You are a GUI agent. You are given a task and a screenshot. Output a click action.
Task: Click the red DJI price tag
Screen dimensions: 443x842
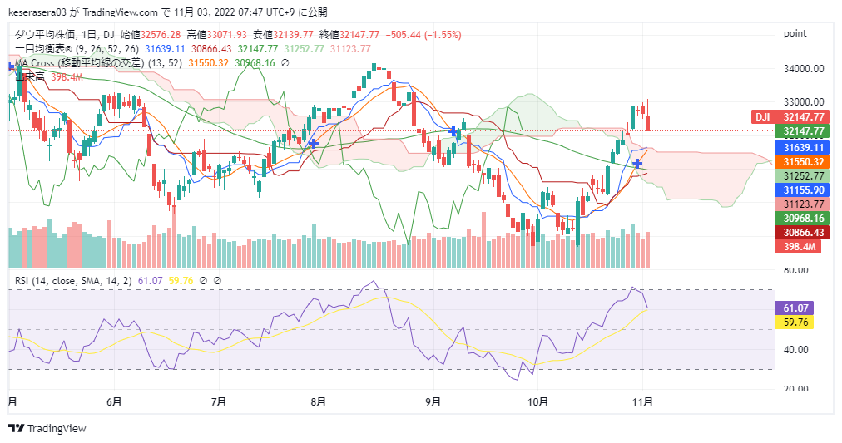[x=762, y=117]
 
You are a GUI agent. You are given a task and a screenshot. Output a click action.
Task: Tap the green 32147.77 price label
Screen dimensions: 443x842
[x=803, y=131]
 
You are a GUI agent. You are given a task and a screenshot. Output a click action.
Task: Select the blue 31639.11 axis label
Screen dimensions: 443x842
[x=803, y=147]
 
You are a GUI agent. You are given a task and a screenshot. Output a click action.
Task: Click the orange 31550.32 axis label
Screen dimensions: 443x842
[x=803, y=162]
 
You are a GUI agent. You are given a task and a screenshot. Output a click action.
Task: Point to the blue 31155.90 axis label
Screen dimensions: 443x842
[x=803, y=190]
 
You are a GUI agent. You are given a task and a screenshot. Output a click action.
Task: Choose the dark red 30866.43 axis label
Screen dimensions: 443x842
[x=803, y=233]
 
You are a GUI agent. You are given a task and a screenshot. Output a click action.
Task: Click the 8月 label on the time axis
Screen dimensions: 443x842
[x=317, y=401]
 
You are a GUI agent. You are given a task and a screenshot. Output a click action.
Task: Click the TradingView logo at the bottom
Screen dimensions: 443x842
[x=47, y=428]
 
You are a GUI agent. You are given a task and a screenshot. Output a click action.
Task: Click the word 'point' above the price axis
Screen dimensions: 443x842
[x=795, y=33]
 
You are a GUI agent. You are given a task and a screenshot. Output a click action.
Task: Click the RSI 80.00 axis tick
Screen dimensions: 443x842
[x=797, y=271]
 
